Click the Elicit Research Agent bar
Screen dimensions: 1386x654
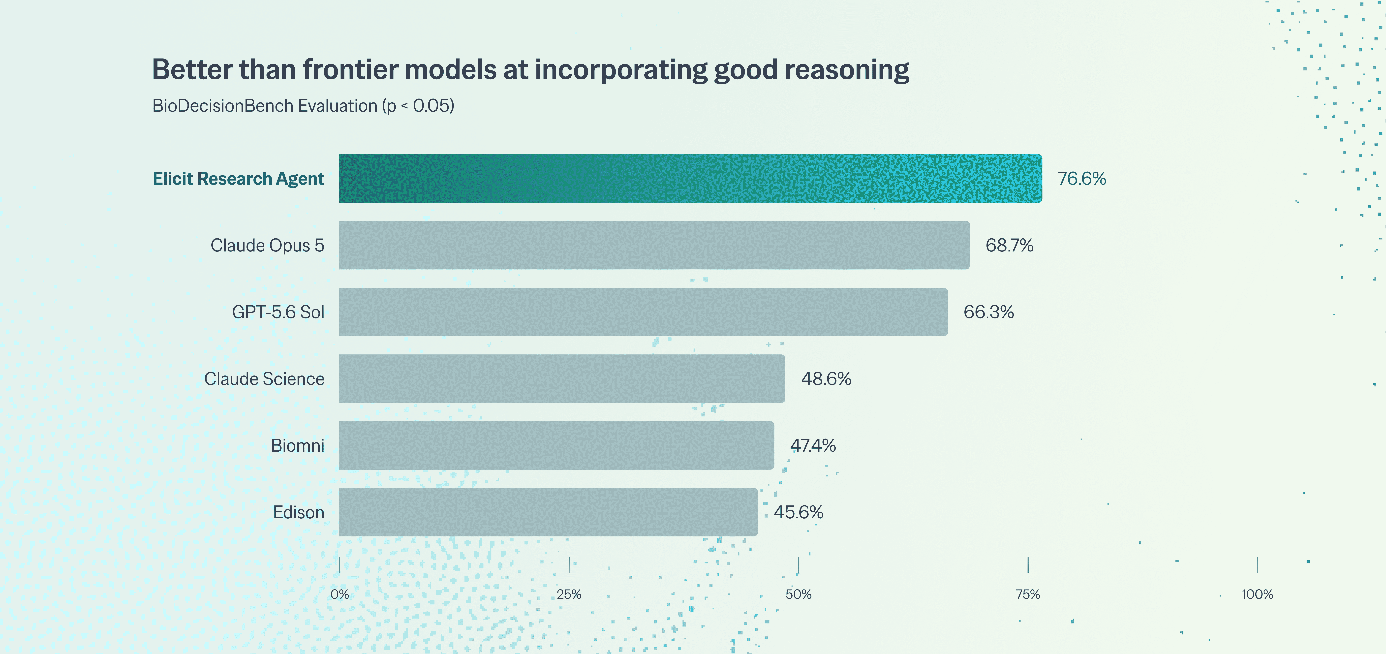click(x=690, y=179)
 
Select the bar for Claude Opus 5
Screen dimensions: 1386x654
click(x=654, y=246)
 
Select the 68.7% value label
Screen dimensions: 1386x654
click(x=1009, y=246)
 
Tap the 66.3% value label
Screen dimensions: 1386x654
click(x=988, y=312)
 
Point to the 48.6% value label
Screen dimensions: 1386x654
click(x=826, y=379)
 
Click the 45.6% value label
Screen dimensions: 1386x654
click(x=799, y=512)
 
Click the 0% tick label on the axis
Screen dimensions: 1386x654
click(x=339, y=594)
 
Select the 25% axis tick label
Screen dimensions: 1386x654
click(x=569, y=594)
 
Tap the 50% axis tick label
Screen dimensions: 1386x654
click(x=799, y=594)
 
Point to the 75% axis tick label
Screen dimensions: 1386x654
click(x=1028, y=594)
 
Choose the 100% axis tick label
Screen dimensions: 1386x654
click(x=1257, y=594)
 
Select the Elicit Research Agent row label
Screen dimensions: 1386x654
click(x=238, y=179)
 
